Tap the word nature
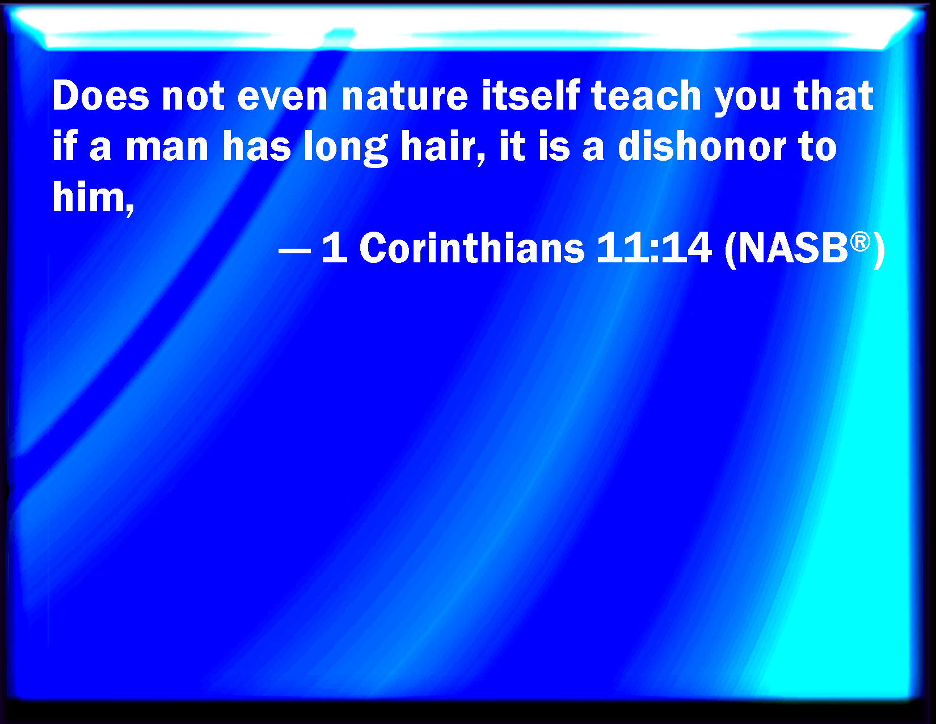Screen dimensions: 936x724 pyautogui.click(x=404, y=97)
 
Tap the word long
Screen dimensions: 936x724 pyautogui.click(x=346, y=148)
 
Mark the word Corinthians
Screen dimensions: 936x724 pyautogui.click(x=472, y=248)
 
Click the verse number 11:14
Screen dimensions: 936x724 pyautogui.click(x=654, y=248)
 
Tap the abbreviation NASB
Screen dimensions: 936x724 pyautogui.click(x=793, y=249)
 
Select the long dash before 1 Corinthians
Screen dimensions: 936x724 pyautogui.click(x=294, y=250)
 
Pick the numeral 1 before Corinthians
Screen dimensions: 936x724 pyautogui.click(x=334, y=248)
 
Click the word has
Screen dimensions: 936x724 pyautogui.click(x=257, y=147)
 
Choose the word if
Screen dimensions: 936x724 pyautogui.click(x=65, y=146)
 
